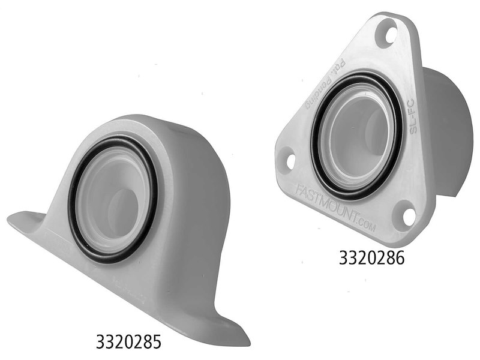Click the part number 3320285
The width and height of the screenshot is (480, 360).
128,342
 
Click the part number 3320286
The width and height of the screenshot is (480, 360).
372,258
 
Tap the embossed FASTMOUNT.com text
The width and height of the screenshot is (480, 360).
339,206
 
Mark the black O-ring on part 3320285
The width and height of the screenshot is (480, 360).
72,198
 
